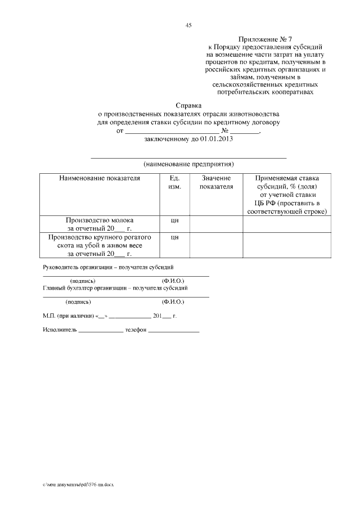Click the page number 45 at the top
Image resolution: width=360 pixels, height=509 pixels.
pos(189,25)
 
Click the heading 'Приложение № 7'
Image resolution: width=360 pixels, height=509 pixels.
pos(265,40)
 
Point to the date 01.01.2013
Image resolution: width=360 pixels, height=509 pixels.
pos(215,138)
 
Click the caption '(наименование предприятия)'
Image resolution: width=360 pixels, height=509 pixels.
pos(188,164)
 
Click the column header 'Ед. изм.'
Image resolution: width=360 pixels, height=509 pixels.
pos(174,182)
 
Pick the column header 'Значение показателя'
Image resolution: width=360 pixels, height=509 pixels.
pos(216,182)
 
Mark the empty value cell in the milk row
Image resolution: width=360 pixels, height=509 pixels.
pos(216,224)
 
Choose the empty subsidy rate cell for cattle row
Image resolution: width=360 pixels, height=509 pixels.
pos(287,245)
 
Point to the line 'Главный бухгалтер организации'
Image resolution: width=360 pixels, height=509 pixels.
pos(116,288)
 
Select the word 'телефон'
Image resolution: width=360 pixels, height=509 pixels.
pos(136,330)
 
